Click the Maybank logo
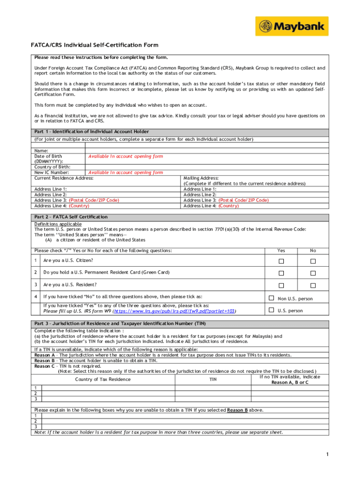pyautogui.click(x=292, y=26)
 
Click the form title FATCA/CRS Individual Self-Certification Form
pyautogui.click(x=95, y=45)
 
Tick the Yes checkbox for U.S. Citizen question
pyautogui.click(x=281, y=261)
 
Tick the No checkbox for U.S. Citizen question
pyautogui.click(x=313, y=261)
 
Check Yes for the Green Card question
pyautogui.click(x=281, y=273)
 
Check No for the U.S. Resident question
pyautogui.click(x=313, y=285)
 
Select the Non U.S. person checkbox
pyautogui.click(x=271, y=298)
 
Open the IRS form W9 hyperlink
pyautogui.click(x=175, y=311)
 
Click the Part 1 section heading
pyautogui.click(x=92, y=132)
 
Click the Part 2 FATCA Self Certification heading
pyautogui.click(x=71, y=217)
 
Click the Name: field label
pyautogui.click(x=41, y=151)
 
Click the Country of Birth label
pyautogui.click(x=52, y=167)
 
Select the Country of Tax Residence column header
pyautogui.click(x=103, y=379)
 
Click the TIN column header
pyautogui.click(x=213, y=379)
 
